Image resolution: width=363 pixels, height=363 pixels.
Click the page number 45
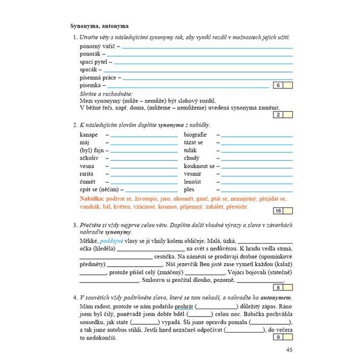point(289,350)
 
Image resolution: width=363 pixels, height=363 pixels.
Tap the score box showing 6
point(278,86)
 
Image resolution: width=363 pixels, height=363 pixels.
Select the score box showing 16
point(278,211)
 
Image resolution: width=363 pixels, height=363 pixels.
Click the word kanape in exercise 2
point(88,134)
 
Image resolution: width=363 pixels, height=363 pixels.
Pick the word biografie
point(195,134)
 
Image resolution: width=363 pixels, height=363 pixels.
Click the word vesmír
point(194,174)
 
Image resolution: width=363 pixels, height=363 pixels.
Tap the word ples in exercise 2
point(189,189)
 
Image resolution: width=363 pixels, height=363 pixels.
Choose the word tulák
point(192,150)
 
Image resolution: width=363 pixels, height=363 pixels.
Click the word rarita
point(88,174)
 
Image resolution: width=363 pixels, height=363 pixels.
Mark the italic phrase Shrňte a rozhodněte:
point(106,94)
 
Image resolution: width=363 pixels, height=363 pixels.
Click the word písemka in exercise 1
point(93,86)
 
